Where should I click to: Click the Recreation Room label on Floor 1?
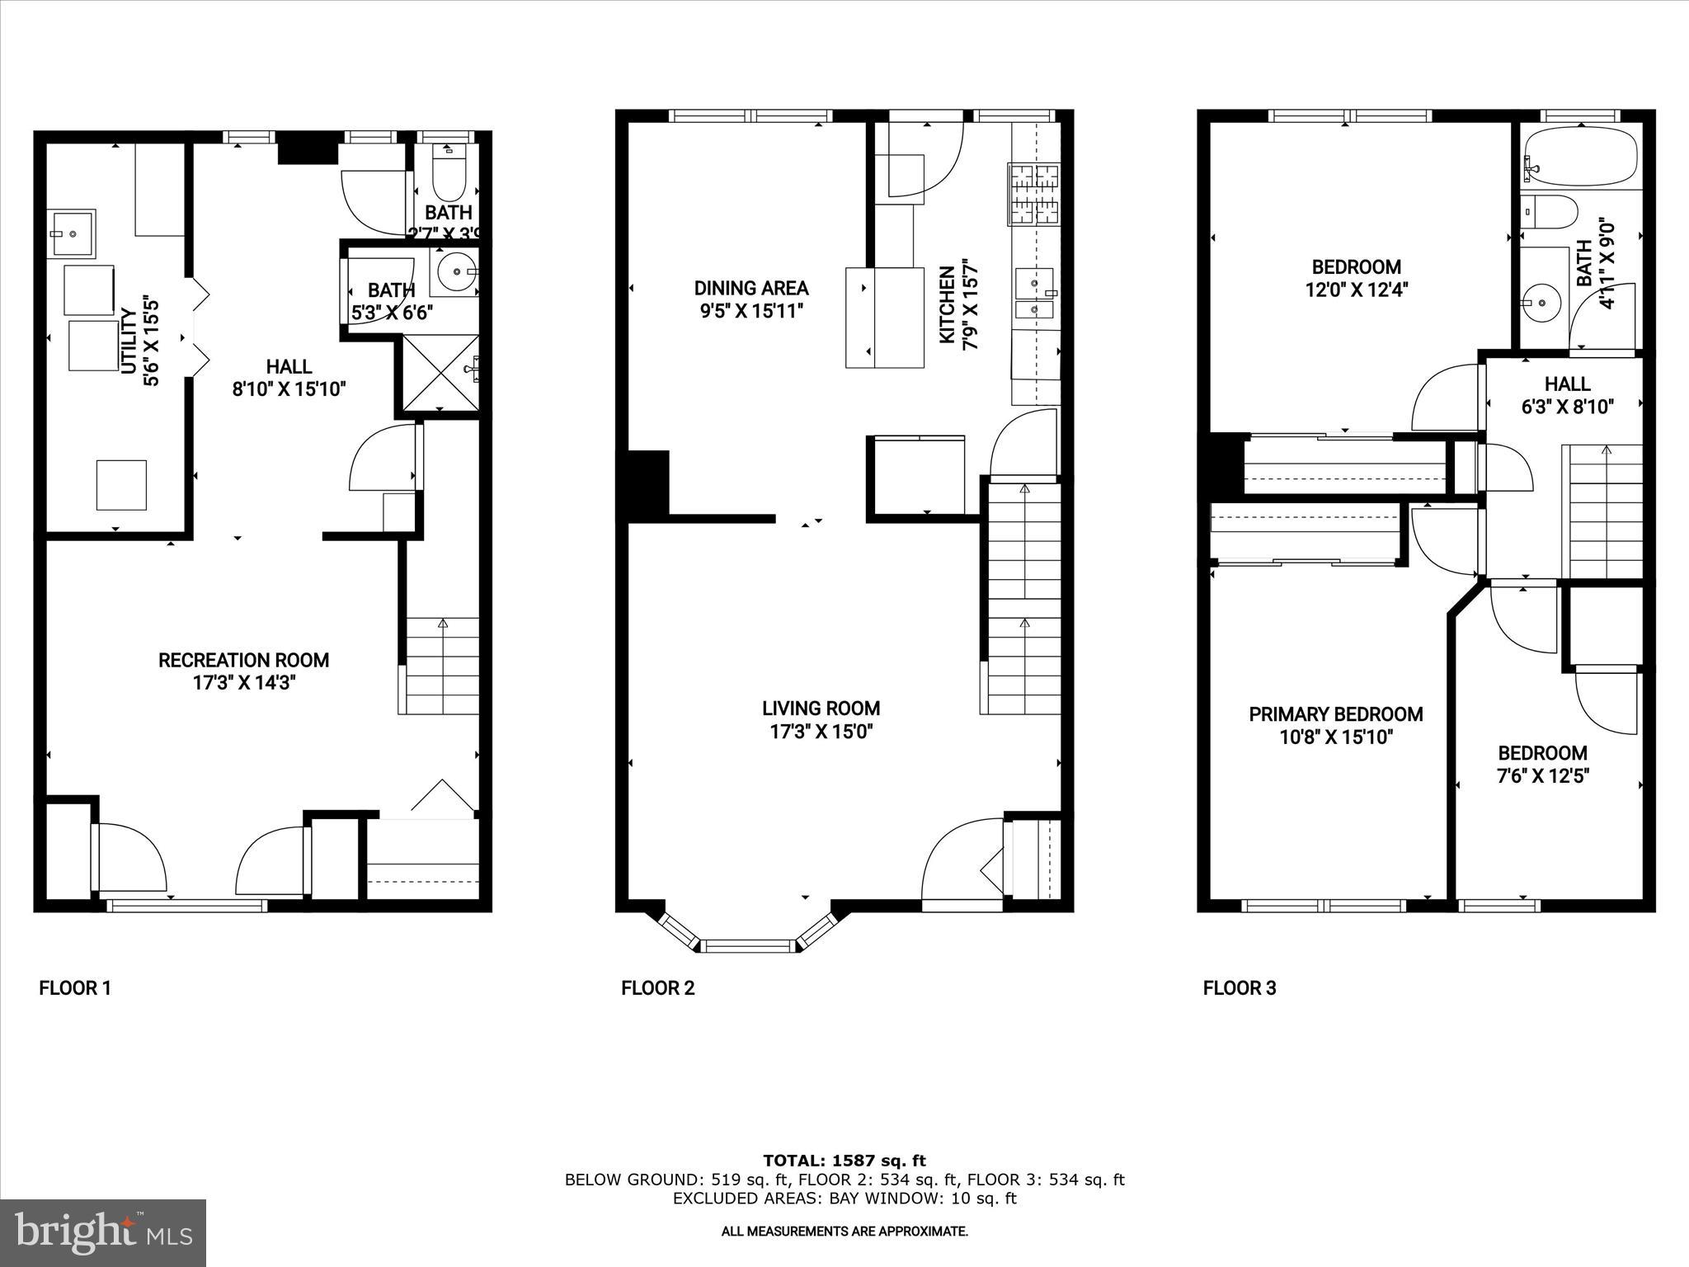[243, 660]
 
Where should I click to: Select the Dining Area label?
[750, 288]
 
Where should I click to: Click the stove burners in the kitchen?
[1033, 195]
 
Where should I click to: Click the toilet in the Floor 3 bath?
[1548, 211]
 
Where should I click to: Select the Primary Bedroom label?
[1335, 714]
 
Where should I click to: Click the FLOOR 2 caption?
[657, 988]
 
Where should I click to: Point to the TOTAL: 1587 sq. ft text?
[844, 1161]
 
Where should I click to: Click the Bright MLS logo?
[103, 1232]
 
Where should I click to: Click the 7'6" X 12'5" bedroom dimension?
[1542, 776]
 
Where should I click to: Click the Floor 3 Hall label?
[1567, 384]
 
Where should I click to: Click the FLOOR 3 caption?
[1239, 988]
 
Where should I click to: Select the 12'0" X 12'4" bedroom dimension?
[1356, 290]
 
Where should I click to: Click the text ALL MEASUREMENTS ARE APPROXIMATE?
[844, 1232]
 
